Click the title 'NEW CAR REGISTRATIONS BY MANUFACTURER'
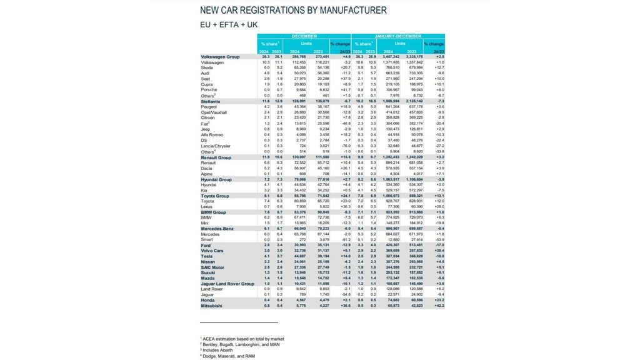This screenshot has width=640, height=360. (292, 11)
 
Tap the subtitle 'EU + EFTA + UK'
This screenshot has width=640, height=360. (228, 25)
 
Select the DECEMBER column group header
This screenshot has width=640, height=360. (304, 36)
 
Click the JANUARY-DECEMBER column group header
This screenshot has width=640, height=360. (399, 36)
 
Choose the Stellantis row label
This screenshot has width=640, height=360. (210, 101)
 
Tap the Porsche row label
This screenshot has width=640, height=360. (208, 90)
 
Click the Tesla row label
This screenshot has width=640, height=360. (206, 256)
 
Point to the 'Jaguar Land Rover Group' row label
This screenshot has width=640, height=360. (226, 284)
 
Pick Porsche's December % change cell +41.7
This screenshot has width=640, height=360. (344, 90)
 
